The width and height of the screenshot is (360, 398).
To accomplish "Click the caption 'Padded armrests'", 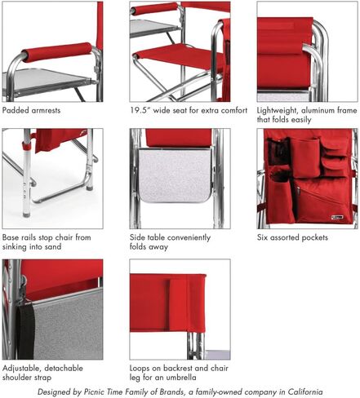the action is coord(31,110).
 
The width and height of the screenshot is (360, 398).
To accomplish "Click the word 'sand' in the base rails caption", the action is coord(51,246).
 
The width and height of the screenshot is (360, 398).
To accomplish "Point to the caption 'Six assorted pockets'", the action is coord(292,237).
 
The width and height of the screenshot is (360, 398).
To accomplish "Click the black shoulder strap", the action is coord(25,329).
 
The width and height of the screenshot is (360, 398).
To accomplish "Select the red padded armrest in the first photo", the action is coord(57,51).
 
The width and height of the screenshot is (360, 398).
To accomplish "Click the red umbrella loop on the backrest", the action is coord(178,304).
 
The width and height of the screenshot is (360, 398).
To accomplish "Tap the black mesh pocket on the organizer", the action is coord(278,152).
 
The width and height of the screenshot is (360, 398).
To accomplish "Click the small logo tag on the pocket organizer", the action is coord(337,217).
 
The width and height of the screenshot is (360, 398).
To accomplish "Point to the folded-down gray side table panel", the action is coord(176,175).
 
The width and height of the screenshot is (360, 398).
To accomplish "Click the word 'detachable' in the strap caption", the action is coord(64,368).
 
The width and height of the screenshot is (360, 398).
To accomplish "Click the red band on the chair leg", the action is coord(27,147).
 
